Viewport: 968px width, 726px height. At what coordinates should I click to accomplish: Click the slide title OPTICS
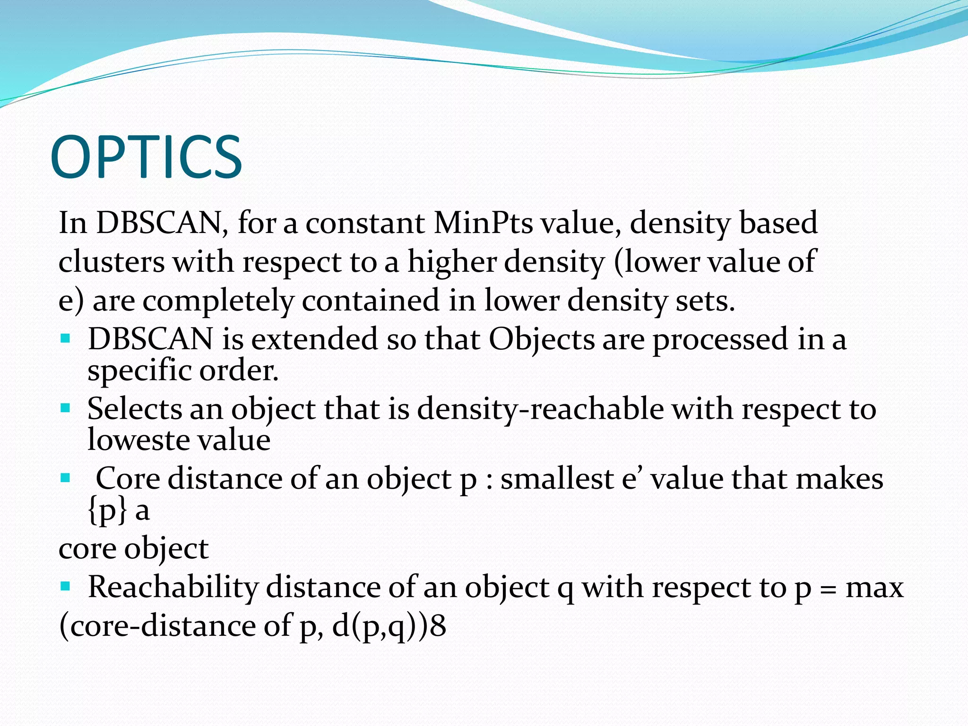(x=146, y=157)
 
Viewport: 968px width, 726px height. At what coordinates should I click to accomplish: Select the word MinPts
(x=483, y=222)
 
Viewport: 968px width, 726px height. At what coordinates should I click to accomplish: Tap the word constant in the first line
(x=365, y=222)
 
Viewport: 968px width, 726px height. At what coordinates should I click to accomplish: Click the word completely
(x=218, y=301)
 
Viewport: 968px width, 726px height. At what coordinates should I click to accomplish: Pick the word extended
(x=314, y=339)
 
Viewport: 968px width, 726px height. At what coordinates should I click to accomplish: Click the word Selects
(x=134, y=408)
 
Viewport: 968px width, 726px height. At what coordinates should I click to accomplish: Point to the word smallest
(x=557, y=478)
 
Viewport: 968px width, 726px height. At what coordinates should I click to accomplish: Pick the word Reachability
(x=173, y=588)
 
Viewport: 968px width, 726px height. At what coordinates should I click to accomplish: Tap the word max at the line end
(x=874, y=588)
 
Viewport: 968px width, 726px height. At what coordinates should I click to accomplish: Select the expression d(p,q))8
(x=389, y=626)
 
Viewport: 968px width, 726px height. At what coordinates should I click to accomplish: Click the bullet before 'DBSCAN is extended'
(x=65, y=338)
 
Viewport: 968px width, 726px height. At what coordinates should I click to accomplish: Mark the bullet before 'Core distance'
(x=65, y=478)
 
